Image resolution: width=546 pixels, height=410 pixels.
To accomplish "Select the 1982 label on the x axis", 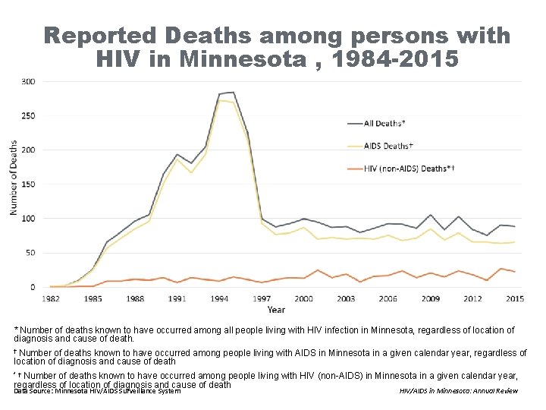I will click(50, 298).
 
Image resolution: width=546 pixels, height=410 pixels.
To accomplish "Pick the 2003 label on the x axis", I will click(346, 298).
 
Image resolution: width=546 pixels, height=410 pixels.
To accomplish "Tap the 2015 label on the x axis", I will click(515, 298).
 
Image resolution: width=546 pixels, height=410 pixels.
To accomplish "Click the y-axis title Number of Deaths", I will click(14, 176).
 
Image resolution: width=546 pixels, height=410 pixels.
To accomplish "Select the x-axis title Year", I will click(276, 309).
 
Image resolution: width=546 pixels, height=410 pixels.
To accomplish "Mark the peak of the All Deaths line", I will click(232, 92).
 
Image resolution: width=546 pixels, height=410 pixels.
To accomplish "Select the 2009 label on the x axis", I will click(431, 298).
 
